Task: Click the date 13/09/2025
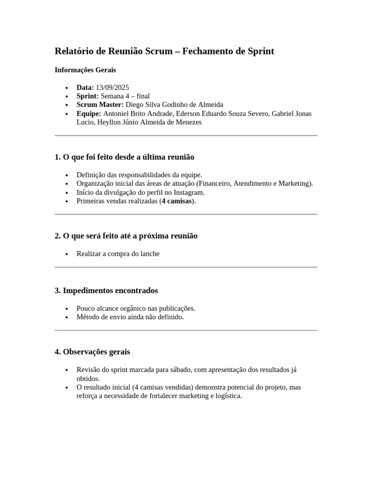tap(112, 87)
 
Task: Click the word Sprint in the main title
tap(262, 51)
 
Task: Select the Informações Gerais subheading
tap(85, 70)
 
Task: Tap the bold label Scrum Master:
tap(100, 105)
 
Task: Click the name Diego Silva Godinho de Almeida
tap(174, 105)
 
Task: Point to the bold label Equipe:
tap(89, 114)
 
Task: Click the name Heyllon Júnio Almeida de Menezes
tap(149, 122)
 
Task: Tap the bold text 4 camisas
tap(177, 201)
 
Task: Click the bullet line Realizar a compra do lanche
tap(118, 253)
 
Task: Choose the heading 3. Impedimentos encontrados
tap(107, 291)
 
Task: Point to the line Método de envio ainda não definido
tap(130, 317)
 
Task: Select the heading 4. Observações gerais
tap(93, 352)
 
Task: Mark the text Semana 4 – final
tap(125, 96)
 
